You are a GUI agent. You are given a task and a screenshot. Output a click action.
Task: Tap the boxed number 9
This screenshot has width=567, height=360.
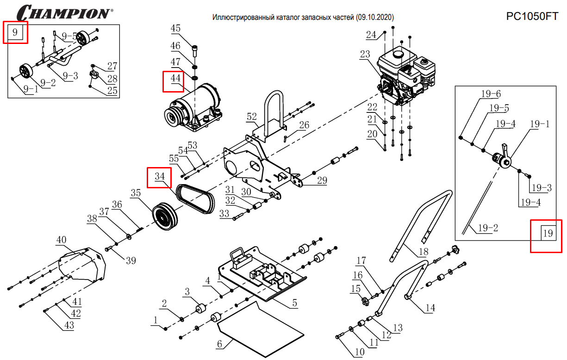(x=15, y=32)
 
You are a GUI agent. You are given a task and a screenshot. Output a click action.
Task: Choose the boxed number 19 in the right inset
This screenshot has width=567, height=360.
(x=548, y=233)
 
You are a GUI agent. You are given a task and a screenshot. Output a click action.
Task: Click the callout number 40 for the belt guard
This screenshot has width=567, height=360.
(x=62, y=240)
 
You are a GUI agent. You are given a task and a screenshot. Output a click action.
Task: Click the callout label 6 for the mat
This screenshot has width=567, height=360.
(x=219, y=344)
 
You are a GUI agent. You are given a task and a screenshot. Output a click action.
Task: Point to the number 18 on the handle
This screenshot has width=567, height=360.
(x=423, y=252)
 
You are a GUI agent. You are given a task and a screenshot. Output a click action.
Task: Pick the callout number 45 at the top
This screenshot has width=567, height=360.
(x=175, y=29)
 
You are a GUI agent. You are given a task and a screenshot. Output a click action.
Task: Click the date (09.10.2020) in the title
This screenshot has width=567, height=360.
(x=375, y=17)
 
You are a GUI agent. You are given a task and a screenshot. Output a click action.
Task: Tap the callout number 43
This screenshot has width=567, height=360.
(x=69, y=325)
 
